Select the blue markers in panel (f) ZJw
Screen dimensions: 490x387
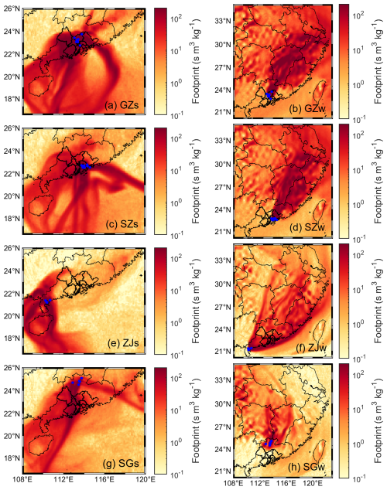tap(248, 349)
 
